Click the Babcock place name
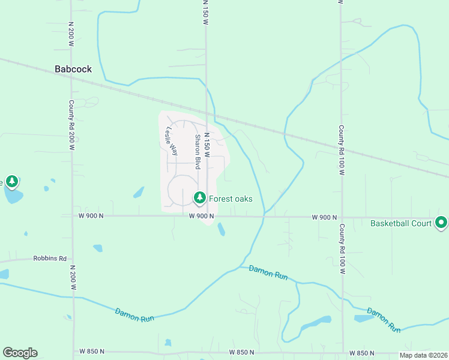pyautogui.click(x=73, y=69)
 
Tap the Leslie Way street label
pyautogui.click(x=172, y=141)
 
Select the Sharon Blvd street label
pyautogui.click(x=196, y=151)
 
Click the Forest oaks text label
pyautogui.click(x=231, y=199)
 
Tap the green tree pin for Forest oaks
pyautogui.click(x=199, y=197)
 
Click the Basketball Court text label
pyautogui.click(x=401, y=224)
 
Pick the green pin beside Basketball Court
pyautogui.click(x=441, y=223)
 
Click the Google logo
pyautogui.click(x=20, y=353)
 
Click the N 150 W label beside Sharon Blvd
pyautogui.click(x=206, y=145)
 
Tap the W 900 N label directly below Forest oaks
pyautogui.click(x=202, y=216)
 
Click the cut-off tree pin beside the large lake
pyautogui.click(x=11, y=181)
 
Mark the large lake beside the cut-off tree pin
pyautogui.click(x=13, y=196)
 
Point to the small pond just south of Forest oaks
pyautogui.click(x=221, y=229)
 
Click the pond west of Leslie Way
pyautogui.click(x=139, y=192)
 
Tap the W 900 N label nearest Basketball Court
pyautogui.click(x=325, y=217)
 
